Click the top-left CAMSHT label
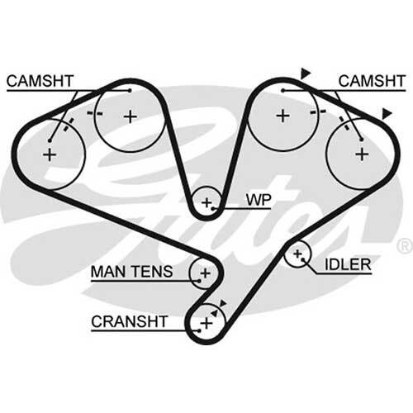40,81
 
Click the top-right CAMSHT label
372,81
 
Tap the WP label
259,200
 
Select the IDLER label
348,264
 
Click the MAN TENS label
132,272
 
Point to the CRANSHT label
130,321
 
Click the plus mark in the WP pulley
206,203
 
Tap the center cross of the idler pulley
297,254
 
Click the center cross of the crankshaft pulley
206,323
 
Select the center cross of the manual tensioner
206,273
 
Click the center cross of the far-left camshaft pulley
50,154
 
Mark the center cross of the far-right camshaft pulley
363,154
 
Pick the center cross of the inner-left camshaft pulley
131,116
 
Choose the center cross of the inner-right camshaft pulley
282,116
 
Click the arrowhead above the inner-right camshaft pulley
305,73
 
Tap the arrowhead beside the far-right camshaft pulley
387,114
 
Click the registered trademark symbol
405,246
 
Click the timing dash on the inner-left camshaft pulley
95,113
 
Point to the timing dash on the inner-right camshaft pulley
318,112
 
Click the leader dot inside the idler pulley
302,259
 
